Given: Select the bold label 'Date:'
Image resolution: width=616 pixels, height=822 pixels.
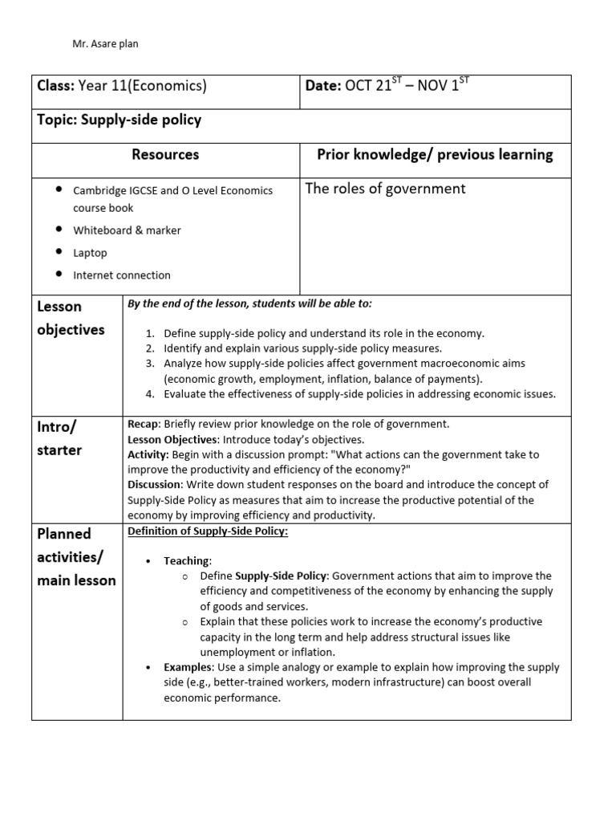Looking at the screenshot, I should pos(322,86).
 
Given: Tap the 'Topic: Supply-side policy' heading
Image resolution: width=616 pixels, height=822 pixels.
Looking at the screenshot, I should pos(120,120).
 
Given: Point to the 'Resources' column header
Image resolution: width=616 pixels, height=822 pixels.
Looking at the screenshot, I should pos(165,154).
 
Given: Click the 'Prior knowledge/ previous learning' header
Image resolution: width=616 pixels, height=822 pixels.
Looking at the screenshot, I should pos(436,154).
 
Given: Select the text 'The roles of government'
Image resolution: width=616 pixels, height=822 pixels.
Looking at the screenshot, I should pos(385,189).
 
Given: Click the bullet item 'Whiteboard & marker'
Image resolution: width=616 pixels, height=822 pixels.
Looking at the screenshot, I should pos(127,230).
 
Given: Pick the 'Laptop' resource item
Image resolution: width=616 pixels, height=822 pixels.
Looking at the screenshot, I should pos(90,253).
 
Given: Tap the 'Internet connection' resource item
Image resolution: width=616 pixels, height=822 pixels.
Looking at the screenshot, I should pos(122,275).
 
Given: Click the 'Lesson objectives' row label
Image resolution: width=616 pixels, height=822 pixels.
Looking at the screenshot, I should pos(71,318).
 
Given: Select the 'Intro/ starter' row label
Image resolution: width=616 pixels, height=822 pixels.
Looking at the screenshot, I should pos(59,437).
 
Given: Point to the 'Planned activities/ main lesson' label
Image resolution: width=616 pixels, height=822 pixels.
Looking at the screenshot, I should pos(76,556).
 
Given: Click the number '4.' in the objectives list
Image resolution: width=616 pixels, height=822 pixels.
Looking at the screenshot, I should pos(150,394).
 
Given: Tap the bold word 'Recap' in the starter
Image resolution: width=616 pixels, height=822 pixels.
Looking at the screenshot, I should pos(144,424).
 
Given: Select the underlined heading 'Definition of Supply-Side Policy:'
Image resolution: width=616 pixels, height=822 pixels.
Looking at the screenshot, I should pos(208,531).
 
